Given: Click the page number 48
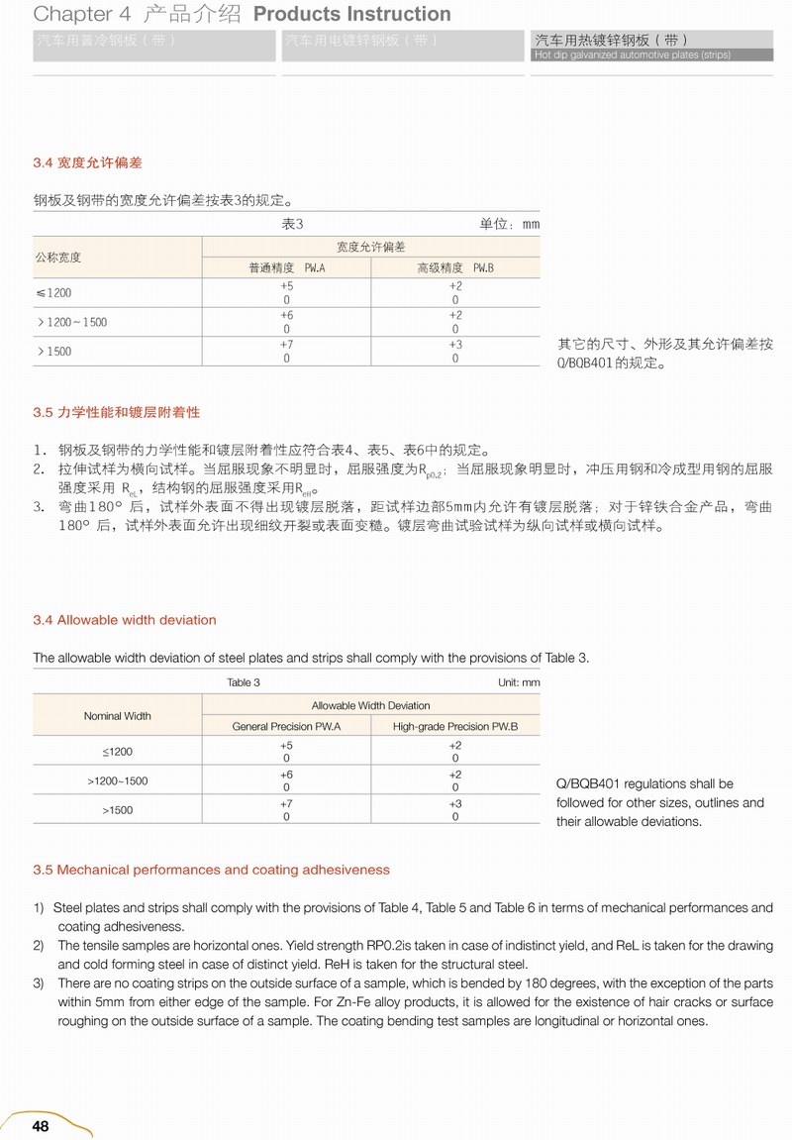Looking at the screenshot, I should pyautogui.click(x=41, y=1125).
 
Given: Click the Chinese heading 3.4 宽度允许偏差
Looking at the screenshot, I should pyautogui.click(x=87, y=162).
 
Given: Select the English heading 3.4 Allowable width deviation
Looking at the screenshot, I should pyautogui.click(x=124, y=620).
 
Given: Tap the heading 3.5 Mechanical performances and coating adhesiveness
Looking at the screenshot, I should pyautogui.click(x=211, y=870).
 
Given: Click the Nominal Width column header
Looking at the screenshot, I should pyautogui.click(x=117, y=715).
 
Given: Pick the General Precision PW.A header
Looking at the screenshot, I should pyautogui.click(x=286, y=726).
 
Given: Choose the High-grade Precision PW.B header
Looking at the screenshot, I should pyautogui.click(x=455, y=726).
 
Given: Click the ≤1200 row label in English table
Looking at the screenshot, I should pyautogui.click(x=117, y=752).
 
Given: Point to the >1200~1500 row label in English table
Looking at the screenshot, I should pyautogui.click(x=117, y=780).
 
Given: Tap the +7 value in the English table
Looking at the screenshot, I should pyautogui.click(x=286, y=803).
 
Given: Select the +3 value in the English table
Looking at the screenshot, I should pyautogui.click(x=455, y=803).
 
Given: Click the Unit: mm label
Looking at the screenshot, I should pyautogui.click(x=519, y=682).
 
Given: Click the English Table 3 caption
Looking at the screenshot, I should pyautogui.click(x=244, y=682).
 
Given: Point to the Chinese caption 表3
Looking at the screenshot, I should pyautogui.click(x=292, y=224).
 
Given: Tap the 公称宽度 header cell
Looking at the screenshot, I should pyautogui.click(x=58, y=258).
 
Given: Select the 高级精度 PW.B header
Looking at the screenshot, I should pyautogui.click(x=455, y=268).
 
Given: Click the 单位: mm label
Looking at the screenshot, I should pyautogui.click(x=510, y=224).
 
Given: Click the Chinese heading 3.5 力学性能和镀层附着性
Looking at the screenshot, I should pyautogui.click(x=116, y=412).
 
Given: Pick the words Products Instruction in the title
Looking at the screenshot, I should pyautogui.click(x=352, y=14).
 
